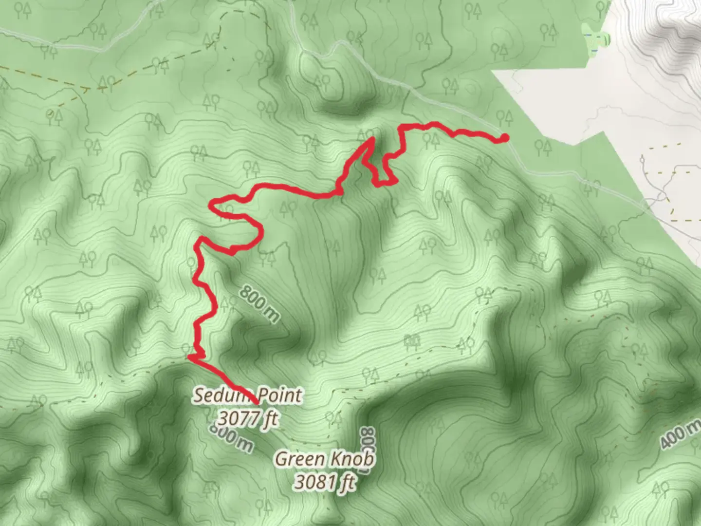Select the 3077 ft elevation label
coord(248,418)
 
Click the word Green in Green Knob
coord(299,459)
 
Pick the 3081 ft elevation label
coord(325,482)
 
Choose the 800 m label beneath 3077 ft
coord(232,438)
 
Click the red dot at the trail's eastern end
coord(505,138)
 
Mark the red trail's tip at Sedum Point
coord(257,403)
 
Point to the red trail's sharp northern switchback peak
coord(372,138)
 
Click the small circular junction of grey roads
coord(663,196)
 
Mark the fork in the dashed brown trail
coord(88,90)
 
